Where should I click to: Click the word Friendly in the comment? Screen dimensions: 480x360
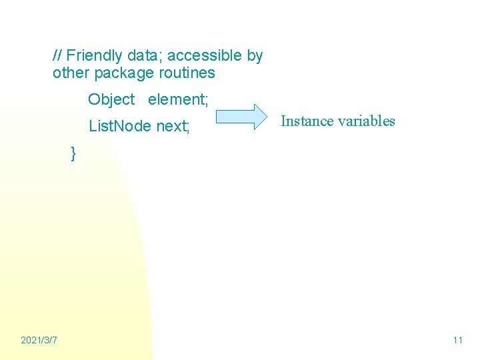click(94, 55)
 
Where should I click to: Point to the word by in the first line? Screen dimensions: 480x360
click(255, 55)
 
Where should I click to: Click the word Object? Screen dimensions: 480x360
click(111, 99)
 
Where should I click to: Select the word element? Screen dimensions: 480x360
click(178, 99)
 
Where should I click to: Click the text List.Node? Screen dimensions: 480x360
click(120, 125)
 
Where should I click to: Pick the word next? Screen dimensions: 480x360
click(173, 125)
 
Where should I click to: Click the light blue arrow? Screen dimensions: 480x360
click(241, 116)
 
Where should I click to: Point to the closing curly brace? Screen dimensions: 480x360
click(73, 153)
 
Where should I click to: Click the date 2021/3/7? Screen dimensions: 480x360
click(39, 341)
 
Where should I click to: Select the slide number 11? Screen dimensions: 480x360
click(457, 341)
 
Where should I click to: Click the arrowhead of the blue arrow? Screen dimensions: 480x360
click(257, 116)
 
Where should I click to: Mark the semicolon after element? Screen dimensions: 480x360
click(207, 100)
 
